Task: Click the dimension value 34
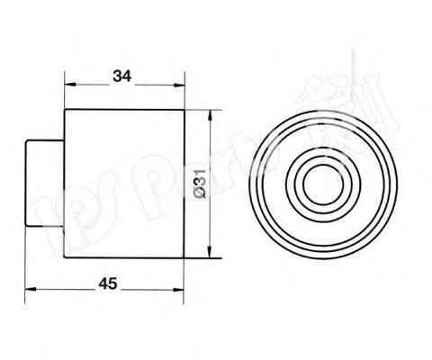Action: pos(123,76)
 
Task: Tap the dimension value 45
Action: pos(107,282)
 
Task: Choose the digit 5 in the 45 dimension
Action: pos(112,282)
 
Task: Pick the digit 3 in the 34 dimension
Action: pos(118,76)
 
